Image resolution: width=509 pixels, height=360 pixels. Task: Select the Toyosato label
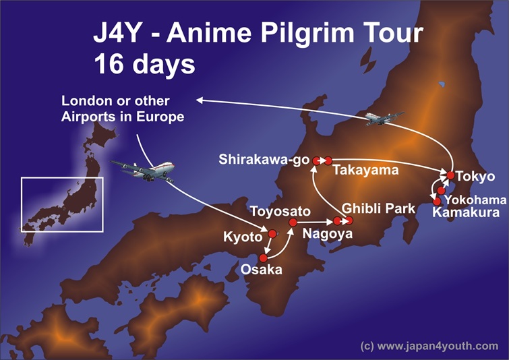click(280, 212)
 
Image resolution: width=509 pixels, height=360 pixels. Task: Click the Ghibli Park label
click(378, 208)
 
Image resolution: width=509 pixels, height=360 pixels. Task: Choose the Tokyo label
click(475, 177)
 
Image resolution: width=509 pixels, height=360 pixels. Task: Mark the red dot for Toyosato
click(293, 222)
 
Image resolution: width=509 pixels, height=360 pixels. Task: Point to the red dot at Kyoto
click(272, 234)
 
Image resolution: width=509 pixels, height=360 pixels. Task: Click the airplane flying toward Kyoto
click(142, 170)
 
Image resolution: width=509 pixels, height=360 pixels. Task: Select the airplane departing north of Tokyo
click(384, 118)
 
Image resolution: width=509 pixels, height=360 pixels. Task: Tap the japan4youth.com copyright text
click(429, 346)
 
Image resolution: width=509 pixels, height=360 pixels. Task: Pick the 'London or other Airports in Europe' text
click(122, 109)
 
